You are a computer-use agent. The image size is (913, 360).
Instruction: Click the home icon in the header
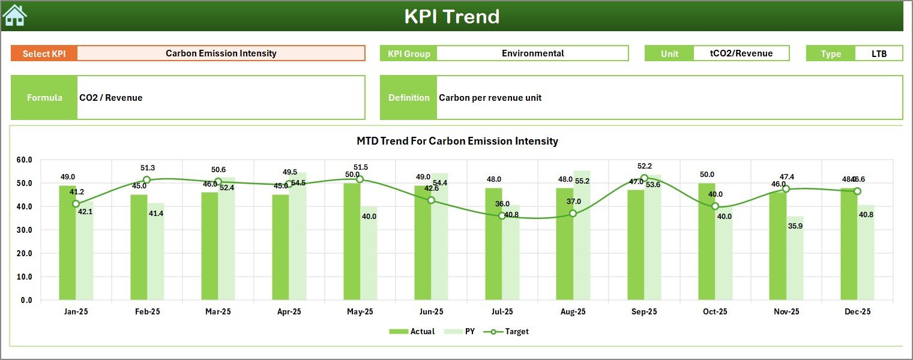(x=15, y=16)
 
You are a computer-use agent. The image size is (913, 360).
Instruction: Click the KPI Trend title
(x=451, y=16)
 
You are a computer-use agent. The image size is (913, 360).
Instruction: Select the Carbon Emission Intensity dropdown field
(x=221, y=53)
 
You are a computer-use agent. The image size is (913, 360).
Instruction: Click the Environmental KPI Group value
(x=532, y=53)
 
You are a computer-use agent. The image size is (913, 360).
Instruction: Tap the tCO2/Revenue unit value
(x=741, y=53)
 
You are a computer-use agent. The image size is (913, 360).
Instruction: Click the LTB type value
(x=878, y=53)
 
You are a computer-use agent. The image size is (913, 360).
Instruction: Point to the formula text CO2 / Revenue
(x=111, y=98)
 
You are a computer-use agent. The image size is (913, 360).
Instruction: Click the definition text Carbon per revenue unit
(x=490, y=98)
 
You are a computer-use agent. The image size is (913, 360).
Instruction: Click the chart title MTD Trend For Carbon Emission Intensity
(x=457, y=141)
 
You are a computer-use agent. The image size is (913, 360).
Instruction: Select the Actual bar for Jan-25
(x=67, y=243)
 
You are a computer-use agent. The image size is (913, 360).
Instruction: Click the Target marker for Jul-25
(x=502, y=216)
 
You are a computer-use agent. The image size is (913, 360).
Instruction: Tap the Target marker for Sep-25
(x=644, y=178)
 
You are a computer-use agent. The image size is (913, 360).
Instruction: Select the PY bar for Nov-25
(x=795, y=258)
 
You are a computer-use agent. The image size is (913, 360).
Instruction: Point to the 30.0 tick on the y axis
(x=25, y=230)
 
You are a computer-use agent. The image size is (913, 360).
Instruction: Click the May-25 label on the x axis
(x=360, y=312)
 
